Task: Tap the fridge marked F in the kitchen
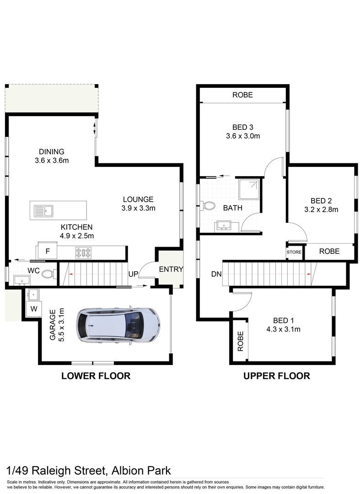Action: coord(47,251)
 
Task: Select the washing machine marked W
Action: coord(33,309)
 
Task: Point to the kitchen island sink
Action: coord(44,211)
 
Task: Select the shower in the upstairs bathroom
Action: coord(248,189)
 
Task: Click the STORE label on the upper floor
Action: coord(294,252)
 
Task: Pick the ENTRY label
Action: coord(171,269)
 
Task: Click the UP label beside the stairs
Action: coord(133,274)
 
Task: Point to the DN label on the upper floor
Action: coord(216,274)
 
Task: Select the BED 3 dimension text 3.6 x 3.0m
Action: coord(243,136)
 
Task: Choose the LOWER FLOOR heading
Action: coord(96,376)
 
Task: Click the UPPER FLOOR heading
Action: coord(276,376)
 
